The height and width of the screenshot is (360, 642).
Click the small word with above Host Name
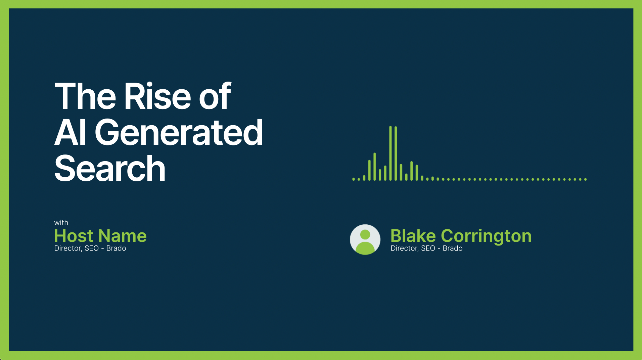[x=61, y=223]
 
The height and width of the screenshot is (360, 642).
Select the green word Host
[x=74, y=236]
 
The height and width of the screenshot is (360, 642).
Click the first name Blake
[x=413, y=236]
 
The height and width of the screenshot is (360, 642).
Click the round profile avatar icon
[x=365, y=239]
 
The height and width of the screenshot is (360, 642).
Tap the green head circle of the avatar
[x=365, y=234]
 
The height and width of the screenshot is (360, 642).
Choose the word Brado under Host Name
[x=116, y=248]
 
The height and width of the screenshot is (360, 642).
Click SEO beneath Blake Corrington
[x=428, y=248]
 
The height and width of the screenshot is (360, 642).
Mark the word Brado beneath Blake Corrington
[x=453, y=248]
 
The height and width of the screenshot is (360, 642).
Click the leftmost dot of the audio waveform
[x=354, y=179]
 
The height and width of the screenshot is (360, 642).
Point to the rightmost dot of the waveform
[x=585, y=179]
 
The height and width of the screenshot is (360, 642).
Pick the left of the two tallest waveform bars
[x=391, y=153]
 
